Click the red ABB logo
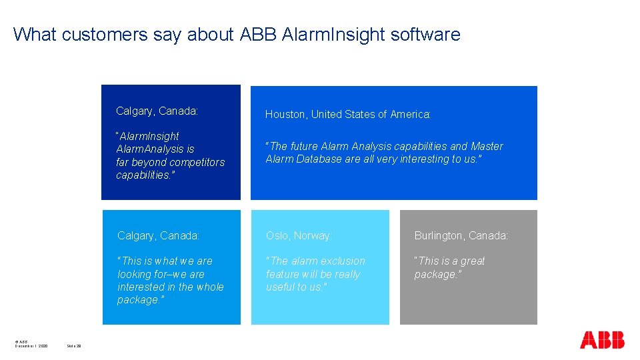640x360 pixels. click(602, 340)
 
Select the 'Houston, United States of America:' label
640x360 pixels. click(348, 115)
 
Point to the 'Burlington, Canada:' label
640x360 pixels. click(461, 236)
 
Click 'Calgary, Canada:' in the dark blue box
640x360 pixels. click(157, 111)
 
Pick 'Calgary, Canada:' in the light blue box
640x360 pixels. click(158, 236)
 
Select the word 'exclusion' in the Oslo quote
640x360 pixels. click(343, 261)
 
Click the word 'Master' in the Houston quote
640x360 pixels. click(487, 146)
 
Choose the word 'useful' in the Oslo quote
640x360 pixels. click(281, 287)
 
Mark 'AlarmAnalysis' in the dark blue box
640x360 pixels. click(155, 149)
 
